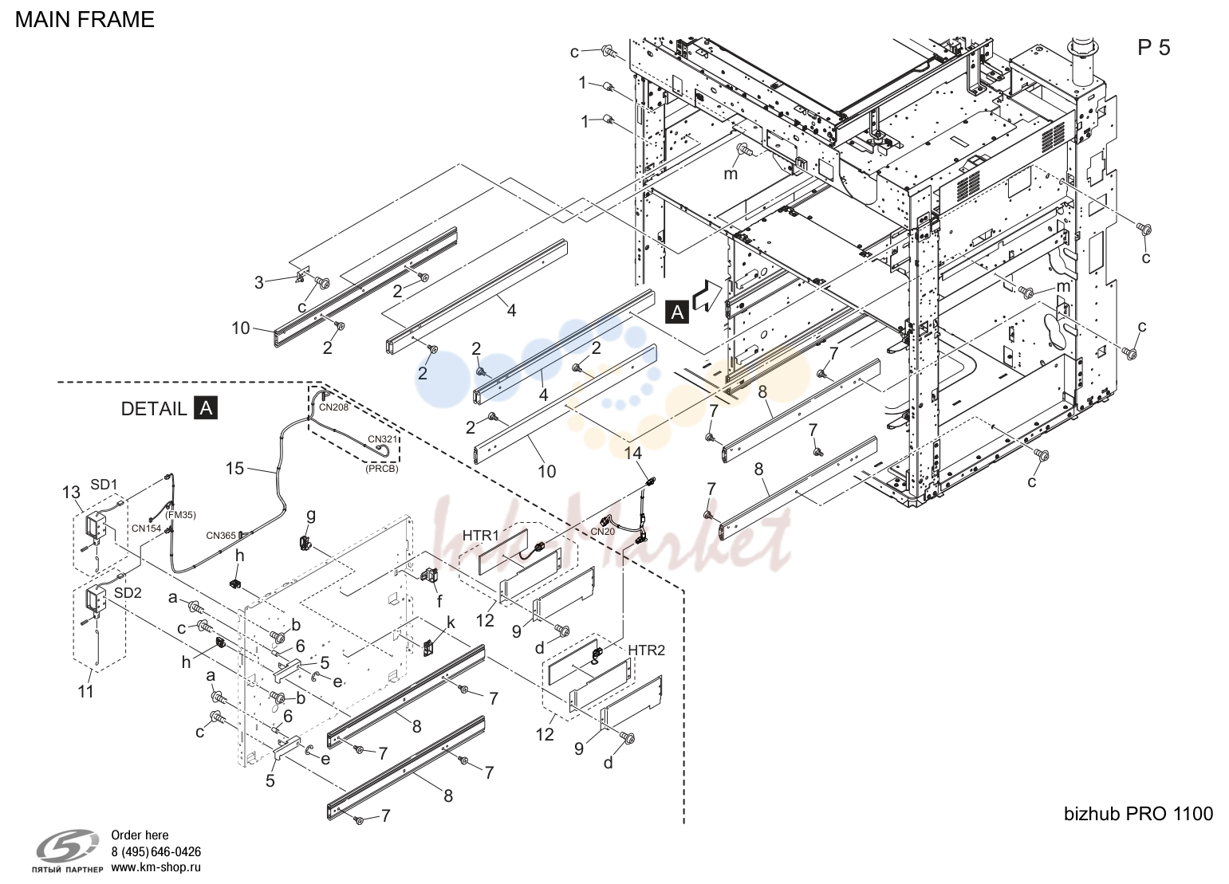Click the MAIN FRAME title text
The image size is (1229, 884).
coord(85,20)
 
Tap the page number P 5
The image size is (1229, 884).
coord(1154,48)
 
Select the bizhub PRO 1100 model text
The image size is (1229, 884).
coord(1138,813)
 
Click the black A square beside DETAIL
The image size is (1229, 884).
coord(206,408)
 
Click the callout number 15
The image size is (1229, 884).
coord(234,469)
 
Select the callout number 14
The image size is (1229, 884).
coord(632,453)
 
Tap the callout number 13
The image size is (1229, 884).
coord(71,493)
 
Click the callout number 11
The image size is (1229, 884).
coord(85,692)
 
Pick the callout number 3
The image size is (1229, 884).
coord(259,282)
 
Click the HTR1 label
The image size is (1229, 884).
coord(481,535)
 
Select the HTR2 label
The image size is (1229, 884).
coord(646,650)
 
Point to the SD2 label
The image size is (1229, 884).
coord(128,593)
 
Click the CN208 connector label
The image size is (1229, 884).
coord(333,407)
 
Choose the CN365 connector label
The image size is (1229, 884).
coord(221,535)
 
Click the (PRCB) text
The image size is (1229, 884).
coord(382,469)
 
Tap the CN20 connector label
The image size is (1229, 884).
coord(603,532)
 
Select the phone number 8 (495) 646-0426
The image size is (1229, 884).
coord(156,851)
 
